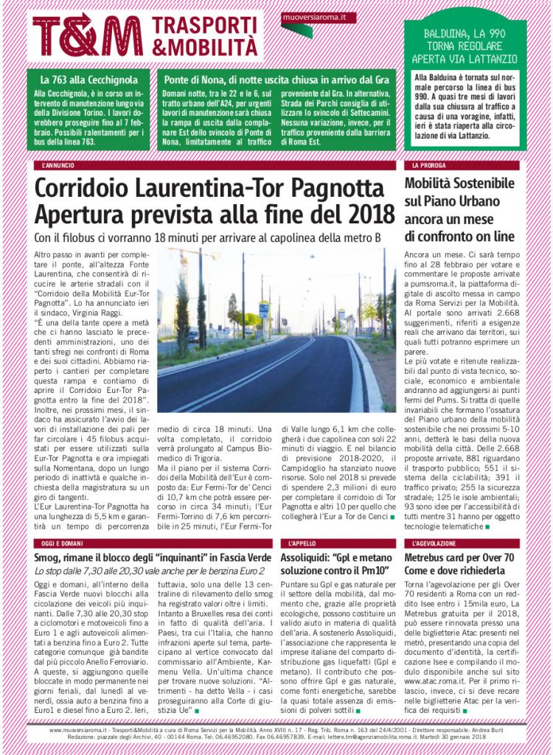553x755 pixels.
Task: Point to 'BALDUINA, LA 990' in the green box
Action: [465, 35]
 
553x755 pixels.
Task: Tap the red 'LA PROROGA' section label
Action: [429, 166]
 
